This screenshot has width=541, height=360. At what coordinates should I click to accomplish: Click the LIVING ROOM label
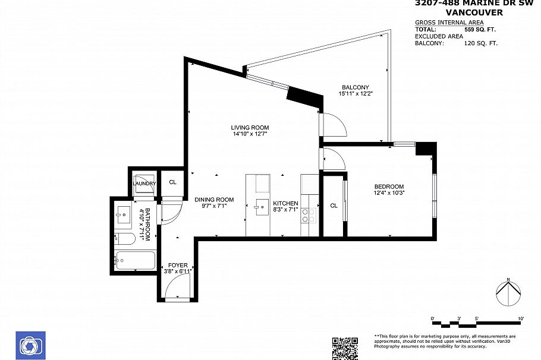point(250,128)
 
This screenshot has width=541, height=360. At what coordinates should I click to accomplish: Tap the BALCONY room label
point(356,88)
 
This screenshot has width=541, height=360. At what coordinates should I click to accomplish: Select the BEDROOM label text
point(389,186)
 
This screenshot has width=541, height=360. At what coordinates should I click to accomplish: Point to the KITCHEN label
point(285,203)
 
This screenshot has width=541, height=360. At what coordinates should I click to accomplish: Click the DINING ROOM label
point(214,200)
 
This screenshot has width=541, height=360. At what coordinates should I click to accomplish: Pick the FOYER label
point(178,266)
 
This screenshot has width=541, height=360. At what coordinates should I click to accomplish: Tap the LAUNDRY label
point(144,184)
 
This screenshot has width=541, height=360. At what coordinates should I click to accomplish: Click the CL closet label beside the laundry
point(173,183)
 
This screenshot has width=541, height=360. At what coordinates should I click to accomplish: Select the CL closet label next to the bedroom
point(334,206)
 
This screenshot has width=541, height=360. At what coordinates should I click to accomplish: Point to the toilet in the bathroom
point(123,239)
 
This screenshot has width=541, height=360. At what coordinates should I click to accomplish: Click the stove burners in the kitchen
point(309,215)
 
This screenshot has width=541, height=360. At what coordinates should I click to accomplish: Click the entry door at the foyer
point(177,289)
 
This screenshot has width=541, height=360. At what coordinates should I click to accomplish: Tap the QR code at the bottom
point(345,348)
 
